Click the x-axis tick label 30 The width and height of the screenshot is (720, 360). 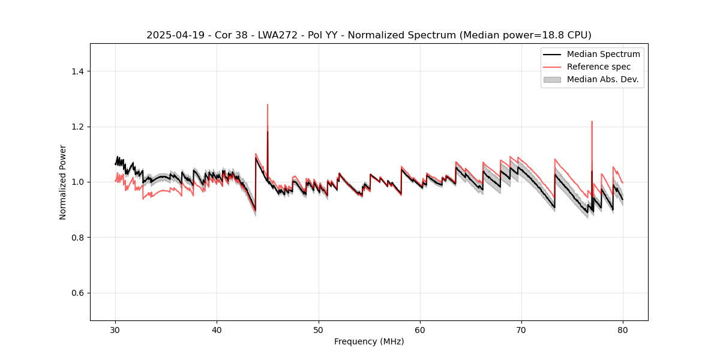pyautogui.click(x=115, y=329)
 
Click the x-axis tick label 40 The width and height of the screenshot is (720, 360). pyautogui.click(x=217, y=329)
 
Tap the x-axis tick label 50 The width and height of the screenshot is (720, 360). pyautogui.click(x=319, y=329)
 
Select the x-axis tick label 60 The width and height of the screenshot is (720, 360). pyautogui.click(x=420, y=329)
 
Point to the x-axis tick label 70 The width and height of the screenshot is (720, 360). pyautogui.click(x=521, y=329)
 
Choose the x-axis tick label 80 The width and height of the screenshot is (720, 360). pyautogui.click(x=623, y=329)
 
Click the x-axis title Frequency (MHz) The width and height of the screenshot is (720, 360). pyautogui.click(x=369, y=341)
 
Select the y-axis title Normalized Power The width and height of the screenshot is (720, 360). pyautogui.click(x=63, y=182)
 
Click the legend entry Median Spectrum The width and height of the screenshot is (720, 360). pyautogui.click(x=603, y=54)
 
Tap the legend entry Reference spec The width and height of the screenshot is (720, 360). pyautogui.click(x=598, y=67)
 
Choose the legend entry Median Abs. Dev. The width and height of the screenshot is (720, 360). pyautogui.click(x=602, y=79)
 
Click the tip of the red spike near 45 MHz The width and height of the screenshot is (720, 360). pyautogui.click(x=268, y=104)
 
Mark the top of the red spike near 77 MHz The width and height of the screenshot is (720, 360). pyautogui.click(x=592, y=121)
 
